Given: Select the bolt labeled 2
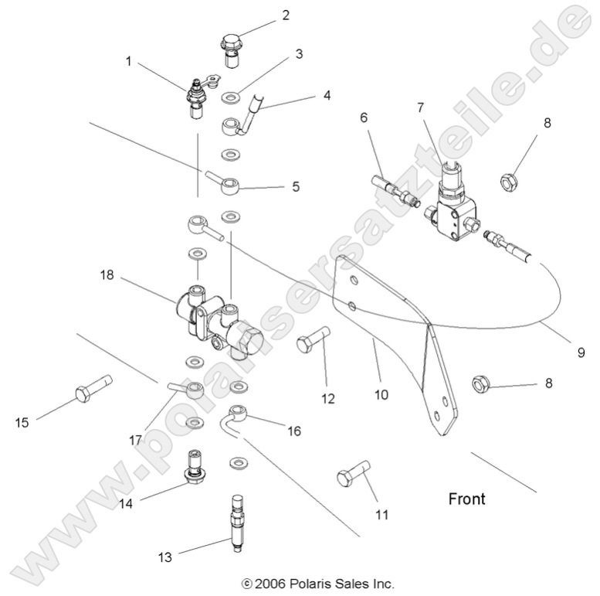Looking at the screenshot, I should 231,46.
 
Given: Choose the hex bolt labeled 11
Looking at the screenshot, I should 354,473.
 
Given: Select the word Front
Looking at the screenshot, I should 467,499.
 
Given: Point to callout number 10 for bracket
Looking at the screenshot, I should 381,394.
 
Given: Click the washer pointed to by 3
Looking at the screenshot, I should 229,98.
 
